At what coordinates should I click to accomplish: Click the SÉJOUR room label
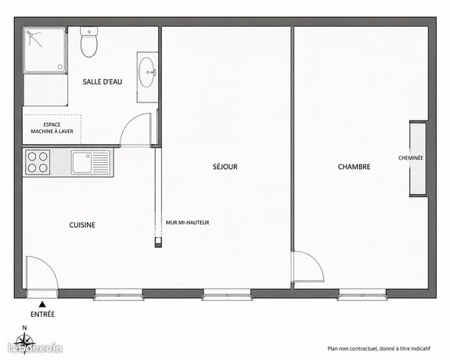(225, 167)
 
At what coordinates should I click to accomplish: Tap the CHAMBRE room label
(354, 167)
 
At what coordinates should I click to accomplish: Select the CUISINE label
(82, 225)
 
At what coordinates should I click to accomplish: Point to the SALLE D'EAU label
(103, 82)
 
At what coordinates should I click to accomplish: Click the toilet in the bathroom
(89, 42)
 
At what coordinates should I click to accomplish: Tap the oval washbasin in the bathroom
(147, 72)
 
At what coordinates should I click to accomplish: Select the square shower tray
(45, 50)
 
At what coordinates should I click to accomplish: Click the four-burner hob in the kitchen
(38, 162)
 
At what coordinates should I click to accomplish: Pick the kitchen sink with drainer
(91, 162)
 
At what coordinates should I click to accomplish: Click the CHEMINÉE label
(411, 158)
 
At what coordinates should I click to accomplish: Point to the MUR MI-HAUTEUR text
(187, 222)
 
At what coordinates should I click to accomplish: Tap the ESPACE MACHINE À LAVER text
(52, 128)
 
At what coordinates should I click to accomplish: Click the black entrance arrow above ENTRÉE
(42, 304)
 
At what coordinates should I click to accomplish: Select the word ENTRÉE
(42, 315)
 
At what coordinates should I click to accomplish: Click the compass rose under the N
(25, 341)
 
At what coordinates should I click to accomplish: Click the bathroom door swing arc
(129, 121)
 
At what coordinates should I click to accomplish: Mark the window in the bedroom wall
(362, 295)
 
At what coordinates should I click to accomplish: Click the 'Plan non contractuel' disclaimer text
(379, 349)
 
